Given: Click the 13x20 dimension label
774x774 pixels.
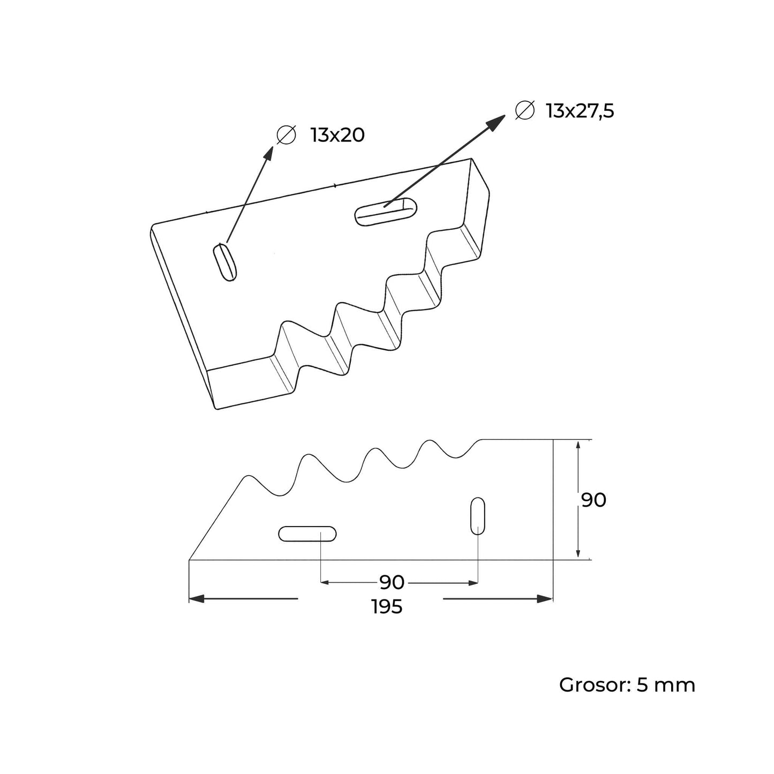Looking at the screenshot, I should (x=337, y=136).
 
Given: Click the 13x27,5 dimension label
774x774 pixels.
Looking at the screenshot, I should (x=580, y=111).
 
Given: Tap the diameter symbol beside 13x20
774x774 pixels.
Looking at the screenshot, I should (x=286, y=135).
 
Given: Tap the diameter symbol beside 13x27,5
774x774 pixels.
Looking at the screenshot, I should (x=524, y=110).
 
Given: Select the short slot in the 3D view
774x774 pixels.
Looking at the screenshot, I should (x=225, y=262).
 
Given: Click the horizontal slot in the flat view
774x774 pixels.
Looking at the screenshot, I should (x=307, y=533).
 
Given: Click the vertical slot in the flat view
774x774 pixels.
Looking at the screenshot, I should (x=477, y=516).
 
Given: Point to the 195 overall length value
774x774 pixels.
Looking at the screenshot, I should (x=387, y=607).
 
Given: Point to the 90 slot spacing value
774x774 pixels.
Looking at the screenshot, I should (x=392, y=582).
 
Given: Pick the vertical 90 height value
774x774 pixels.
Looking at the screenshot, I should (x=593, y=500).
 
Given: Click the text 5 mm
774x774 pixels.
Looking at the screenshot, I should (x=666, y=685).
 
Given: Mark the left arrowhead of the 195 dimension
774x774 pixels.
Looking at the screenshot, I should (x=197, y=599).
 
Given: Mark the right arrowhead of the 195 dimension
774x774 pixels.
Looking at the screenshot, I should (x=545, y=599).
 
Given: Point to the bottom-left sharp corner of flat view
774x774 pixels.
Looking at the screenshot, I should (x=190, y=560).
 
